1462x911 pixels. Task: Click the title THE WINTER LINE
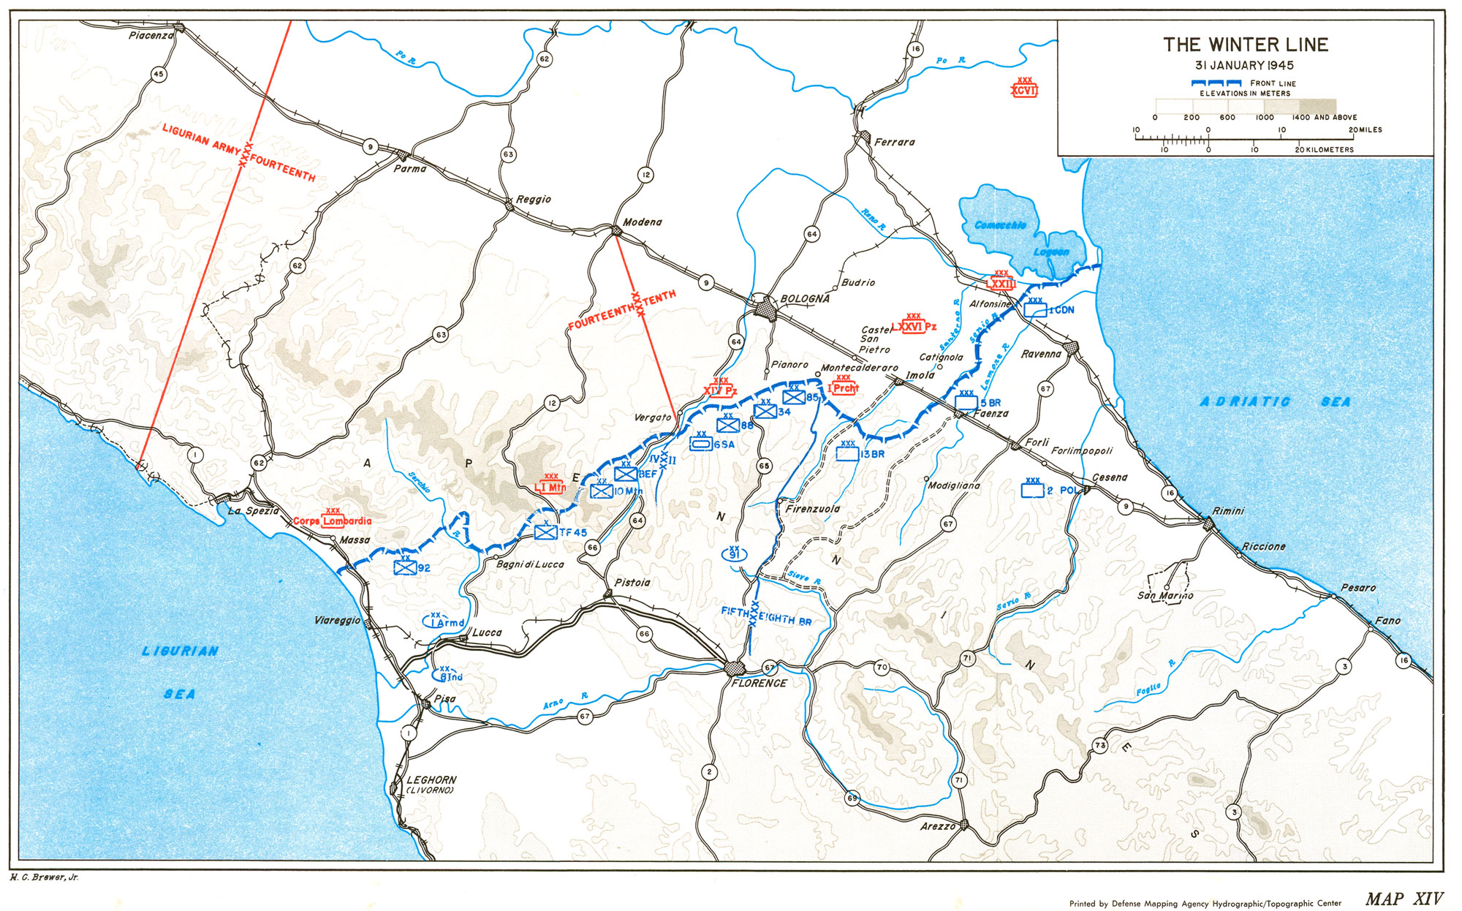click(1246, 45)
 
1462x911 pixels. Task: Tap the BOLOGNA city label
click(805, 299)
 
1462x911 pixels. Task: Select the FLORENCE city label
click(760, 683)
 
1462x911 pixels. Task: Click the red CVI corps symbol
click(1024, 90)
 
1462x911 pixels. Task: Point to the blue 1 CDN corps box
click(1035, 310)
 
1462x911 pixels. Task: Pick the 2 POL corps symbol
click(1032, 490)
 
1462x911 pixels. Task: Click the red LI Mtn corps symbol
click(550, 487)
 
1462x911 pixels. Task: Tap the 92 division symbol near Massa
click(405, 567)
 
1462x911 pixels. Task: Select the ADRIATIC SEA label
click(1275, 402)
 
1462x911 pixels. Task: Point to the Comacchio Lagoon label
click(1023, 238)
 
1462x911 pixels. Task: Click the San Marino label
click(1165, 595)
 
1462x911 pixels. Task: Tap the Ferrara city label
click(894, 142)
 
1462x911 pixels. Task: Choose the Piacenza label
click(151, 35)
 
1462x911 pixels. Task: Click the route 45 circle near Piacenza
click(159, 74)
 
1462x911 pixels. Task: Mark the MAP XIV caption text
click(1404, 899)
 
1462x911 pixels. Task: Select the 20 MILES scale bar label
click(1365, 129)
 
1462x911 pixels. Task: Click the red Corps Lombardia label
click(333, 521)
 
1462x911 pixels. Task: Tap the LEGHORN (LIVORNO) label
click(431, 785)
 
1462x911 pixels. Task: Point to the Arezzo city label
click(938, 826)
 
